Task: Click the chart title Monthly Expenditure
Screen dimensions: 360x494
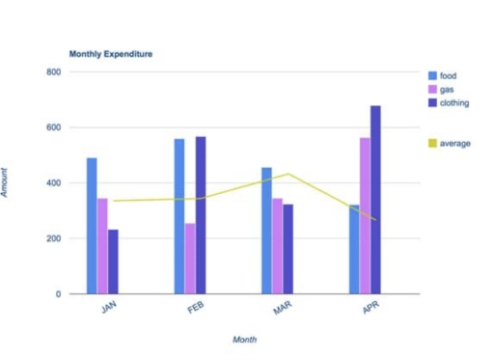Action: tap(110, 54)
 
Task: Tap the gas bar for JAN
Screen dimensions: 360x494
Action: tap(102, 245)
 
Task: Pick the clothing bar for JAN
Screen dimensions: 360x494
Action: tap(113, 261)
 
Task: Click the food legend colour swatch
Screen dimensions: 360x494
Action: tap(433, 74)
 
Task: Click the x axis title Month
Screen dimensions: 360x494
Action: tap(244, 339)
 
